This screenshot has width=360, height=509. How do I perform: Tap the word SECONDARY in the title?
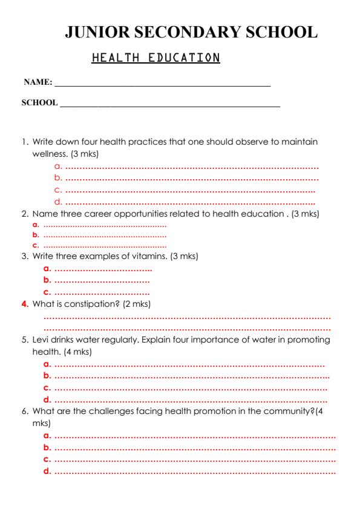click(x=193, y=33)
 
